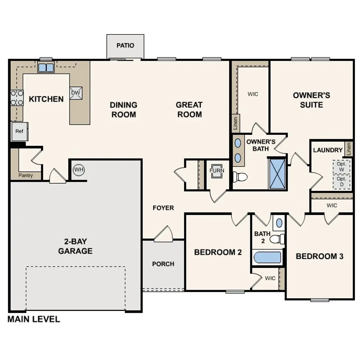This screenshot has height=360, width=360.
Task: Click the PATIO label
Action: [125, 45]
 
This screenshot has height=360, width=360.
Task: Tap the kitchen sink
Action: [46, 67]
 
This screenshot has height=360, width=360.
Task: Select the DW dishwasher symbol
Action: [76, 93]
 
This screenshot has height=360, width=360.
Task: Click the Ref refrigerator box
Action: [19, 131]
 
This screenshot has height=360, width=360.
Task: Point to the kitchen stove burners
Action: [17, 98]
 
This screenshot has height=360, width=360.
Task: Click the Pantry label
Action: [26, 175]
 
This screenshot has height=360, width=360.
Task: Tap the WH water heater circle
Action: [79, 170]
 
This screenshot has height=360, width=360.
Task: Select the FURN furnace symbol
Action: [217, 171]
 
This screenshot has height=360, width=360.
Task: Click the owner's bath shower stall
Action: [277, 174]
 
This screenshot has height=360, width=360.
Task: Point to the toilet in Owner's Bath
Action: [240, 177]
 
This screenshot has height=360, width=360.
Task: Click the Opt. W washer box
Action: [341, 167]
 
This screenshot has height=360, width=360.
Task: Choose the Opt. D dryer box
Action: [341, 182]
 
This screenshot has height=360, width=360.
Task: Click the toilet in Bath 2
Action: [277, 239]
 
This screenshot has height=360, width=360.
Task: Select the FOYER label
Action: [163, 208]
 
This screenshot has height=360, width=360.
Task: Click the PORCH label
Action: [163, 264]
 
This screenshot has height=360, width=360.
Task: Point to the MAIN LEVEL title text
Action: [33, 319]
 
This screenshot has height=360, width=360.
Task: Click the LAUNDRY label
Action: [328, 150]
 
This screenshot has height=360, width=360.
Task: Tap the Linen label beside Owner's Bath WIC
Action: [236, 123]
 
